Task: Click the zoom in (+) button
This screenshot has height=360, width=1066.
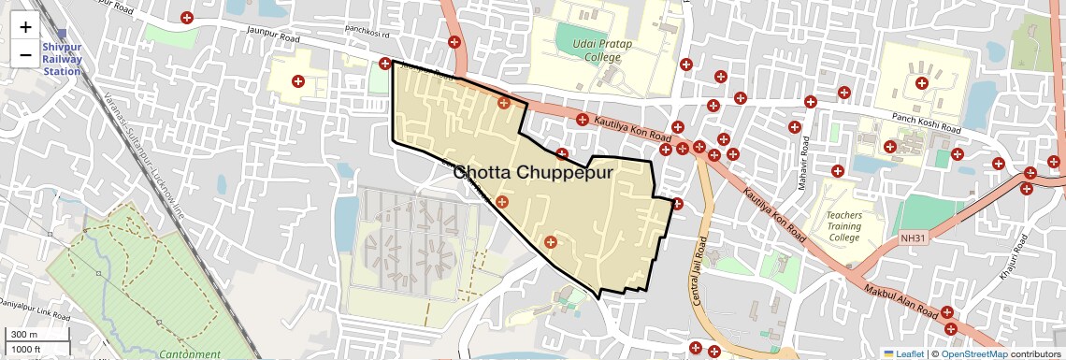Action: (25, 27)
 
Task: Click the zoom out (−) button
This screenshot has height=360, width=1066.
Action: (25, 54)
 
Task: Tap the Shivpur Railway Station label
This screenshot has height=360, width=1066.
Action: (62, 59)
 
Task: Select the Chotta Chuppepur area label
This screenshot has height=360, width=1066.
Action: (532, 173)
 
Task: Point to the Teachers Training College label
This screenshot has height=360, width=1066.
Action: (843, 226)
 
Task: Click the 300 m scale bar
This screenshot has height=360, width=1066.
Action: (23, 335)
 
